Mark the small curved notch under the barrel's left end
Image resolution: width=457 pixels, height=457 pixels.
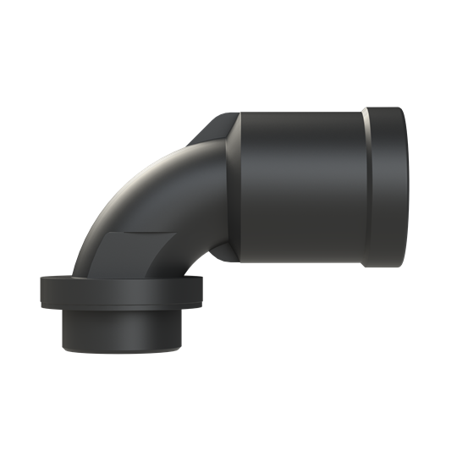pyautogui.click(x=222, y=251)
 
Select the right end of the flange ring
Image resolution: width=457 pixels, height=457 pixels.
pyautogui.click(x=203, y=295)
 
